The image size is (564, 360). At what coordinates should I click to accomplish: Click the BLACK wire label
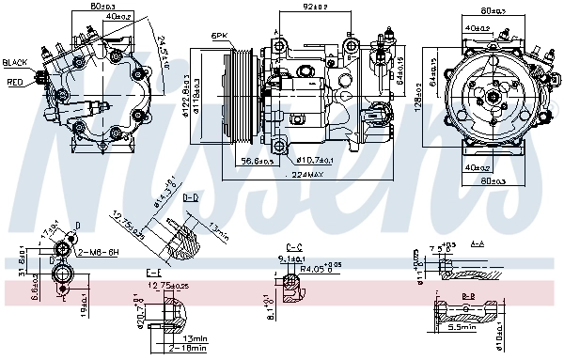[x=16, y=62]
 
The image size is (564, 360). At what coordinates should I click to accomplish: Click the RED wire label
[x=15, y=82]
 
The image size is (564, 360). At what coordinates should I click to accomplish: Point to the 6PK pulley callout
[x=220, y=36]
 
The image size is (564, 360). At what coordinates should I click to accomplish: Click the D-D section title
[x=190, y=198]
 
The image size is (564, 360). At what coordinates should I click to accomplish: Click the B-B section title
[x=466, y=296]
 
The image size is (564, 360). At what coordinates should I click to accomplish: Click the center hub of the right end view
[x=493, y=95]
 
